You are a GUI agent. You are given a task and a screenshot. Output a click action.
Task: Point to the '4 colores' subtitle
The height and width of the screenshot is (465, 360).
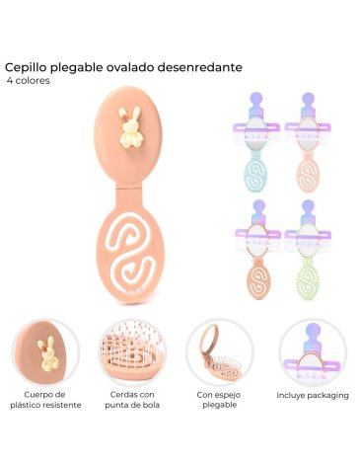click(28, 81)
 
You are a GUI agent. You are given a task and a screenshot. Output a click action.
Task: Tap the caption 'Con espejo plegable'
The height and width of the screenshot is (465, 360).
click(220, 400)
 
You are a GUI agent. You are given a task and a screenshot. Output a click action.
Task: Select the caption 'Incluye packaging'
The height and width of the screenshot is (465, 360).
click(313, 395)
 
